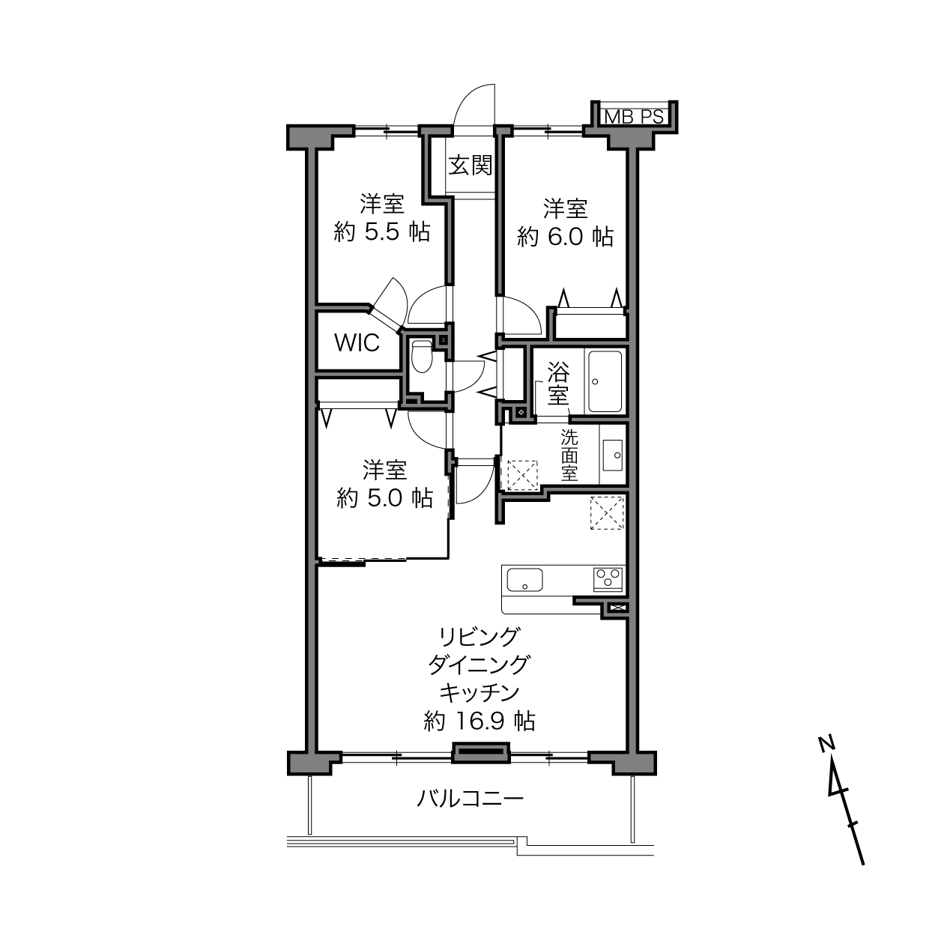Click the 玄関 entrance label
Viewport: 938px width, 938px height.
470,166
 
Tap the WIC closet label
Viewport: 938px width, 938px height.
357,343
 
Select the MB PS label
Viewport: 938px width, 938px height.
634,117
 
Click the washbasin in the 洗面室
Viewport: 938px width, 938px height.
612,455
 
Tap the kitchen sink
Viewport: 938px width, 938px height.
524,580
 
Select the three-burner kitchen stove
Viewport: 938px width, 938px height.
608,579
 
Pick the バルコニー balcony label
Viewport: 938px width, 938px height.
470,799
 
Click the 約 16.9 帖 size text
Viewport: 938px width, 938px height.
479,721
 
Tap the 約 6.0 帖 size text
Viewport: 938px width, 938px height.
565,237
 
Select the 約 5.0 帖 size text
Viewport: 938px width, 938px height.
384,498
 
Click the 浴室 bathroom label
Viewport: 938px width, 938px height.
558,384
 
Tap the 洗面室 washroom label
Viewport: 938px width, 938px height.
569,455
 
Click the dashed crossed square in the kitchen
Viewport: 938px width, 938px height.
607,512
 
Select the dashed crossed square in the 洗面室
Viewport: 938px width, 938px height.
522,474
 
